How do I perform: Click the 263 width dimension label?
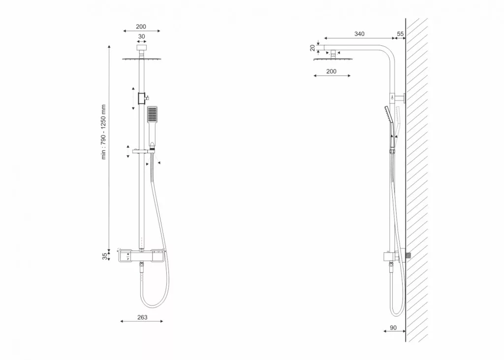pos(142,317)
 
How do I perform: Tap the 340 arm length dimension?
pos(359,34)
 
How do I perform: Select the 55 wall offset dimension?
pos(400,34)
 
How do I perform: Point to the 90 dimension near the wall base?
pos(393,327)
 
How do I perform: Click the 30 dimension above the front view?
pos(141,36)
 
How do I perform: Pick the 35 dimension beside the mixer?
pos(105,257)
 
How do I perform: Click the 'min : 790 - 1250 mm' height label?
pos(103,132)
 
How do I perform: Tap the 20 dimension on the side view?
pos(313,48)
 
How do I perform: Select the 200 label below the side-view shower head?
pos(331,71)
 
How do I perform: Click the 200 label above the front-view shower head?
pos(141,27)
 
